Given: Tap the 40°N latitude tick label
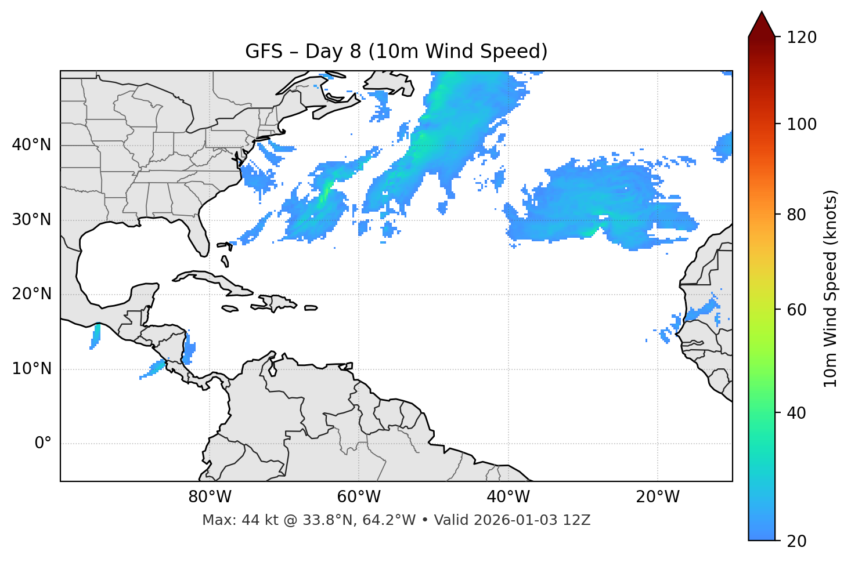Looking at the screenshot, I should point(31,145).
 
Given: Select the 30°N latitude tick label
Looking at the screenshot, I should point(31,220).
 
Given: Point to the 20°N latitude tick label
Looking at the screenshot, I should point(31,294).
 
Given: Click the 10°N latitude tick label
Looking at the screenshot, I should point(31,369).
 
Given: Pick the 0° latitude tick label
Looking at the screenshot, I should point(43,444).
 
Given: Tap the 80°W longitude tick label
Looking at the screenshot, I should point(210,497).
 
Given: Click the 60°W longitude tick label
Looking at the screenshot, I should point(359,497).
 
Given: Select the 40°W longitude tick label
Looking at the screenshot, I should point(508,497).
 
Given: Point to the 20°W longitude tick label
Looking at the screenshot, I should point(657,497).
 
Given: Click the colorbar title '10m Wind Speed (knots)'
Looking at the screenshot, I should point(831,289).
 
